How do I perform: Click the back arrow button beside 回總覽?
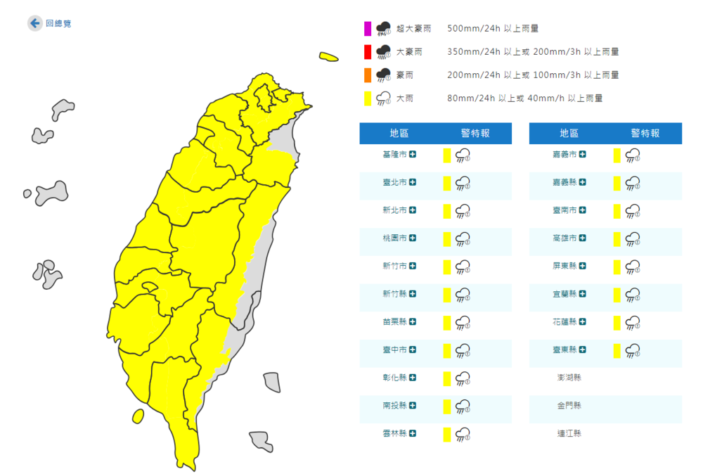[34, 23]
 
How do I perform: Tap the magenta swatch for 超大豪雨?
[367, 29]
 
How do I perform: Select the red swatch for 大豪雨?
[367, 52]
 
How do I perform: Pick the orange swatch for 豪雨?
[367, 75]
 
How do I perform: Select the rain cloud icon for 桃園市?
[463, 239]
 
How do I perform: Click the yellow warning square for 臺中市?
[446, 350]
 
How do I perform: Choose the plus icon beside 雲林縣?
[412, 434]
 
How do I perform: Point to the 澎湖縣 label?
[569, 378]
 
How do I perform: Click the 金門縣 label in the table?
[569, 406]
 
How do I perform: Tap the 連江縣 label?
[569, 434]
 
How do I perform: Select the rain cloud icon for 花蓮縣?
[633, 323]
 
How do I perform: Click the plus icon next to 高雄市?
[582, 238]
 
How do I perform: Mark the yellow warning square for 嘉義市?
[617, 155]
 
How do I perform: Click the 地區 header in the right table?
[569, 134]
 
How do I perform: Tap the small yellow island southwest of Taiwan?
[138, 416]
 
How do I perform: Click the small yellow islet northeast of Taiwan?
[328, 56]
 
